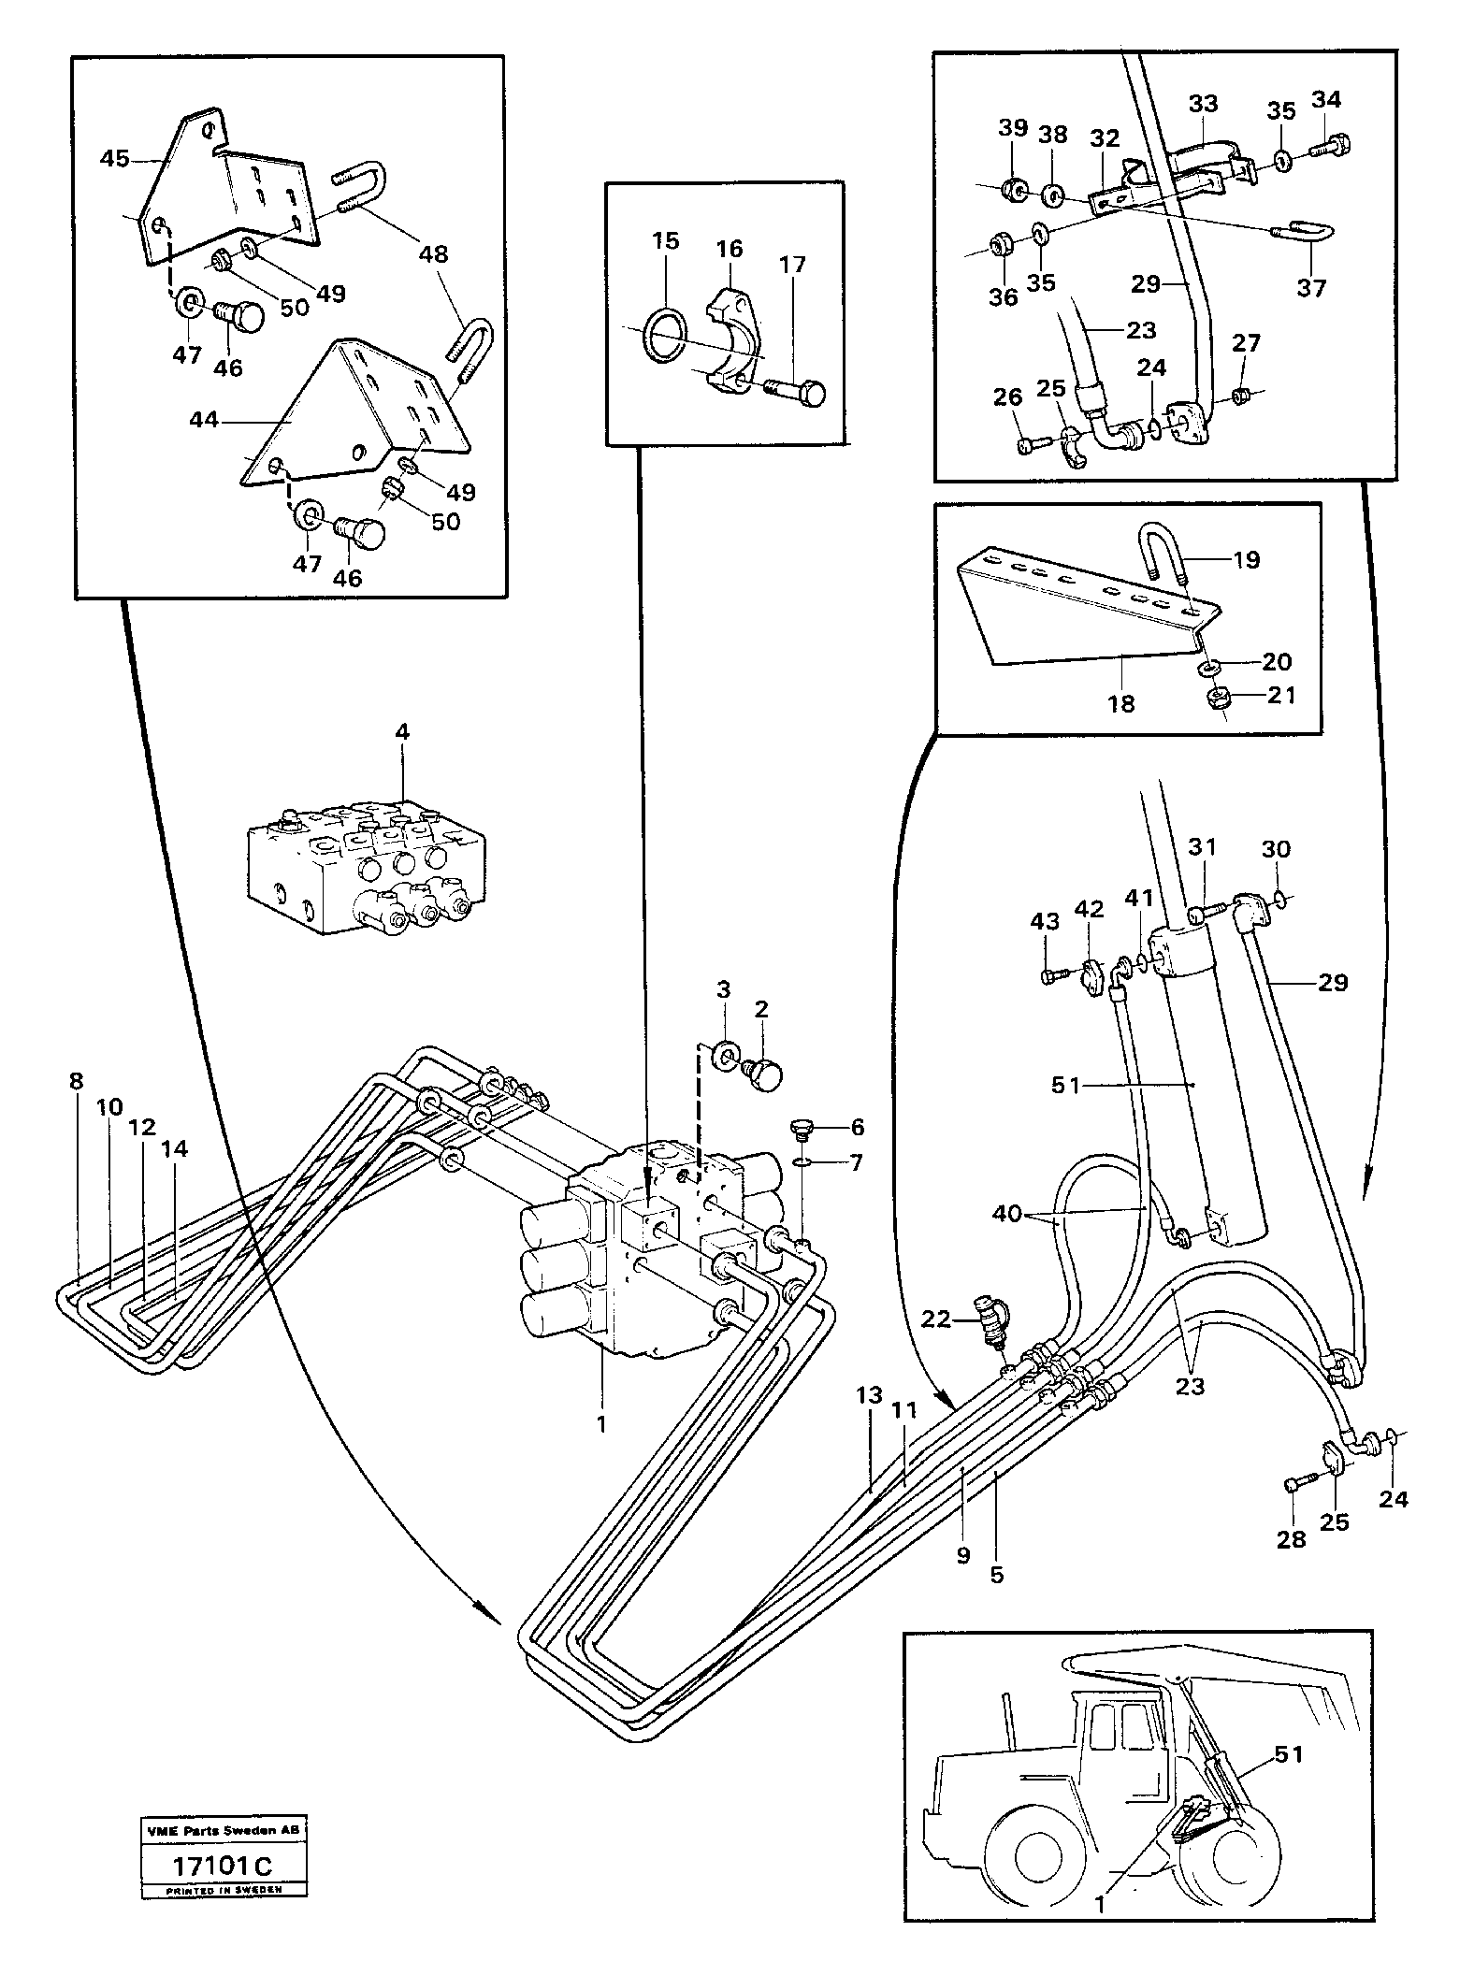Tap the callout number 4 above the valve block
click(x=402, y=732)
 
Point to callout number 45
click(x=114, y=158)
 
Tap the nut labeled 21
click(x=1217, y=698)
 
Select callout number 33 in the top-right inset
click(x=1203, y=103)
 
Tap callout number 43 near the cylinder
click(x=1045, y=921)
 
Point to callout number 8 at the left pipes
click(x=76, y=1081)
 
